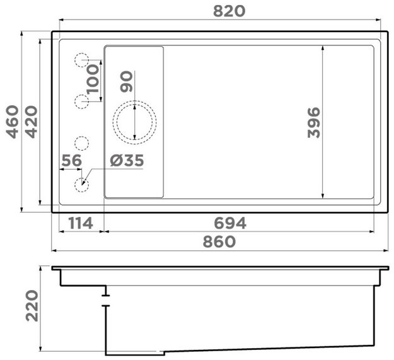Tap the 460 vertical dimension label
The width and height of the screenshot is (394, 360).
(x=13, y=122)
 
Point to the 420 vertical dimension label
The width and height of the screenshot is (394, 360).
(x=32, y=122)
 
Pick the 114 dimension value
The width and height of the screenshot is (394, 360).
(x=80, y=223)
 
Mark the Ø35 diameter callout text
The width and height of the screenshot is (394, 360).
(x=127, y=161)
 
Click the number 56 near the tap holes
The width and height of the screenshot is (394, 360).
(x=71, y=161)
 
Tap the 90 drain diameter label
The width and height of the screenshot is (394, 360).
(x=127, y=82)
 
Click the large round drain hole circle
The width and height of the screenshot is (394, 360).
(x=134, y=122)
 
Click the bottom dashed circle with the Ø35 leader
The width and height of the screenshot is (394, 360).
(x=82, y=185)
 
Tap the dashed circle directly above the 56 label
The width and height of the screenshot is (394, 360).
(x=82, y=143)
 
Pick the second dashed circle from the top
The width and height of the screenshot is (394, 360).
(x=82, y=101)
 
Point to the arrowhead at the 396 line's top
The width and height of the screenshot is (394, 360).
(x=322, y=49)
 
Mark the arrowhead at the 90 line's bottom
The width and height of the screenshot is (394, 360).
(x=134, y=139)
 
